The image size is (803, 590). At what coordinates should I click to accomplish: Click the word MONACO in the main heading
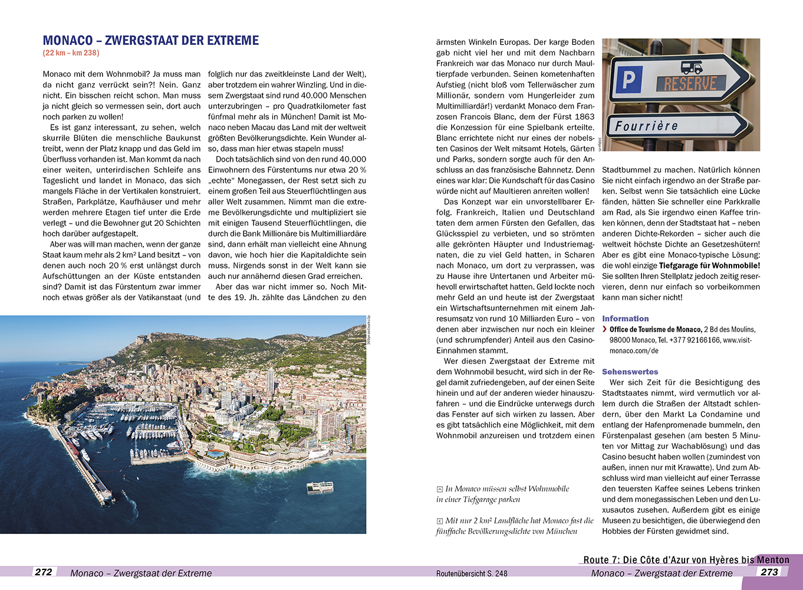pyautogui.click(x=68, y=41)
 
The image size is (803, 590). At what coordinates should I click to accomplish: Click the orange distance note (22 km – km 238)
pyautogui.click(x=71, y=53)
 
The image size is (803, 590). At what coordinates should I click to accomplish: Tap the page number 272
pyautogui.click(x=44, y=572)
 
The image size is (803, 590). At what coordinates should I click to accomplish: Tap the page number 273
pyautogui.click(x=769, y=572)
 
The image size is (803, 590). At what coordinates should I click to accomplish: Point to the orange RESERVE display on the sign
pyautogui.click(x=690, y=84)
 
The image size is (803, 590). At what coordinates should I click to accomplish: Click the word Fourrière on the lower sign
pyautogui.click(x=646, y=126)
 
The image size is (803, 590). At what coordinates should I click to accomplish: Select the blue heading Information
pyautogui.click(x=625, y=319)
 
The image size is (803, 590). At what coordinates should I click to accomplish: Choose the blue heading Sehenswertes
pyautogui.click(x=630, y=372)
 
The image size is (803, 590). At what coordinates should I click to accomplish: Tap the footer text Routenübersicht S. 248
pyautogui.click(x=472, y=573)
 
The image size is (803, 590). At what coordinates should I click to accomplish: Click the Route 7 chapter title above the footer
pyautogui.click(x=686, y=560)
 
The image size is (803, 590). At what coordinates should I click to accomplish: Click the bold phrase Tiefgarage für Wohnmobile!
pyautogui.click(x=709, y=265)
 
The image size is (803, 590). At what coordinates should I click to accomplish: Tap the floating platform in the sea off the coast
pyautogui.click(x=320, y=488)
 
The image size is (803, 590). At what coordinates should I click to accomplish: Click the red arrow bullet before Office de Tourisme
pyautogui.click(x=605, y=329)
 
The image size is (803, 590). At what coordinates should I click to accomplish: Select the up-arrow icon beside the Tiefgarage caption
pyautogui.click(x=439, y=489)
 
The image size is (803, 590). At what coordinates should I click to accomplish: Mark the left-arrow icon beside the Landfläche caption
pyautogui.click(x=439, y=521)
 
